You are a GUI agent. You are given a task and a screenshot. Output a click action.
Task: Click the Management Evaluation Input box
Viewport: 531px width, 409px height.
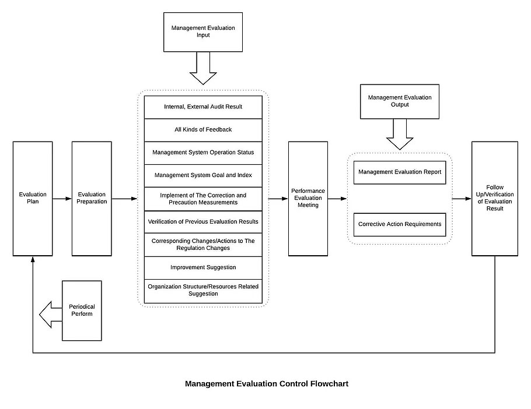click(x=203, y=32)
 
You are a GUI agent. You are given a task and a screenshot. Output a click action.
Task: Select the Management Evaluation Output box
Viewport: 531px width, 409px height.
click(x=400, y=101)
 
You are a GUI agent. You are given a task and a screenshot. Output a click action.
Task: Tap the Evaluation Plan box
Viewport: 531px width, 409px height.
click(x=33, y=199)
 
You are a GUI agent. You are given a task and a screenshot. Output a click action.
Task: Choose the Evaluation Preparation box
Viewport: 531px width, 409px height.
click(x=92, y=199)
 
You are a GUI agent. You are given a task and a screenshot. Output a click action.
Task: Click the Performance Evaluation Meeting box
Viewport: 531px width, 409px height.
click(x=308, y=199)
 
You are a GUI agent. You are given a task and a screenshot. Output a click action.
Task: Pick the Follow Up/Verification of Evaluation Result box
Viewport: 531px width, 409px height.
click(x=495, y=199)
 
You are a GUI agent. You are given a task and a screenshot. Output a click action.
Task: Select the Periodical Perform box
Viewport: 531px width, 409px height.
click(x=82, y=311)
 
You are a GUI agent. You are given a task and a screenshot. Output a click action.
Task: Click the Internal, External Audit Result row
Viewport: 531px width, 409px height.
click(x=203, y=107)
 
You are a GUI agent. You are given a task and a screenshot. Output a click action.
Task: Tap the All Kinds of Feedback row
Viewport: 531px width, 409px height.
click(x=203, y=130)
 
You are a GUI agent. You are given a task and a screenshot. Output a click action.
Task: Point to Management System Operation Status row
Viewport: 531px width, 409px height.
click(x=203, y=153)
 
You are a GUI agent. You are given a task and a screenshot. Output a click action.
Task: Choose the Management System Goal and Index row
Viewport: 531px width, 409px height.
click(x=203, y=176)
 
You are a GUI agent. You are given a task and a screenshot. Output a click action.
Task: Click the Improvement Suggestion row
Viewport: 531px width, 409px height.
click(x=203, y=267)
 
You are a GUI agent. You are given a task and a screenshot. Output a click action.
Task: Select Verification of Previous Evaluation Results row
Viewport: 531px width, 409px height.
click(x=203, y=222)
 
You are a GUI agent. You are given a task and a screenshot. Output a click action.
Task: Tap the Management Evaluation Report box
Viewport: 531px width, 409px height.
click(x=400, y=172)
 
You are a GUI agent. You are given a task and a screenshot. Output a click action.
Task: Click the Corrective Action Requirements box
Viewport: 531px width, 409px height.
click(x=400, y=224)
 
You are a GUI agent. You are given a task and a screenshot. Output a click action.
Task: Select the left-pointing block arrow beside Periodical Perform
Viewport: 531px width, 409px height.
click(x=51, y=315)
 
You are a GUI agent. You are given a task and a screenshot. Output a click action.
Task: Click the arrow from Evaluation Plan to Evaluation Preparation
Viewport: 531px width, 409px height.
click(x=62, y=199)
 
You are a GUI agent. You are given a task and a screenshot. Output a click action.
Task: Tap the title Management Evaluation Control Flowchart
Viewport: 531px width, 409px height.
click(x=267, y=383)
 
